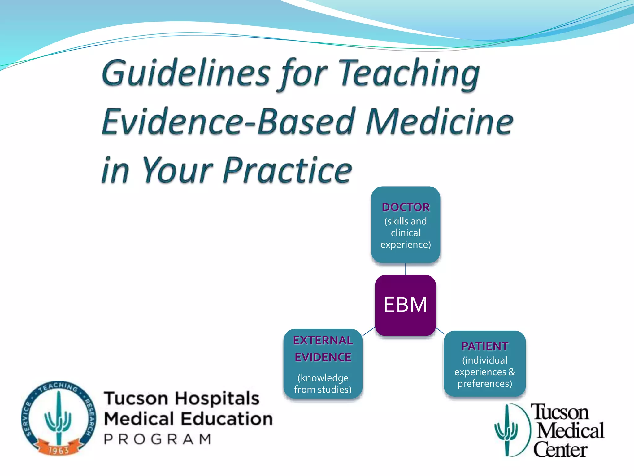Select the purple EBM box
click(x=405, y=305)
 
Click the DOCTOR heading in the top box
click(x=406, y=207)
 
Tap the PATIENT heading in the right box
click(x=484, y=346)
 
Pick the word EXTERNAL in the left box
click(x=323, y=340)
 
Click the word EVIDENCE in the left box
click(x=323, y=357)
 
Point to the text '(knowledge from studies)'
click(x=323, y=384)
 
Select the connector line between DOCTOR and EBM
click(x=406, y=269)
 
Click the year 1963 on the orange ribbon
click(x=59, y=450)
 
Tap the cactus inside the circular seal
click(x=58, y=417)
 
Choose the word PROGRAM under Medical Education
click(x=158, y=439)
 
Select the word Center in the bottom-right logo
click(x=560, y=450)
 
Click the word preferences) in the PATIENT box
click(x=484, y=384)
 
